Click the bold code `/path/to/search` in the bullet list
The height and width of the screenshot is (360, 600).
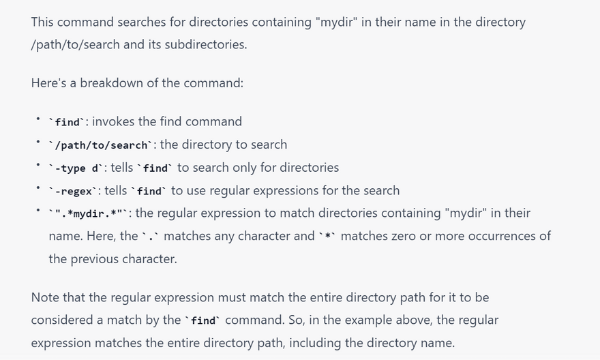[101, 145]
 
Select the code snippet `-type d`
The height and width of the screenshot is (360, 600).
[76, 168]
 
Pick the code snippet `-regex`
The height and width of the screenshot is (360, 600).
[73, 192]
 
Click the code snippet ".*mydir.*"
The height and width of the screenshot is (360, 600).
[89, 213]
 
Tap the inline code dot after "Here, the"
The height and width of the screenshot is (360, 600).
[150, 237]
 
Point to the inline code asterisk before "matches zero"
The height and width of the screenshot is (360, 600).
[327, 237]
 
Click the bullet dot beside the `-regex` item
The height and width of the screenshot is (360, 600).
[38, 187]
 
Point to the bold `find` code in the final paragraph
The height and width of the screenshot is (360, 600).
[202, 320]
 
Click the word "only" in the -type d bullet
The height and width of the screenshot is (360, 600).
[245, 168]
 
